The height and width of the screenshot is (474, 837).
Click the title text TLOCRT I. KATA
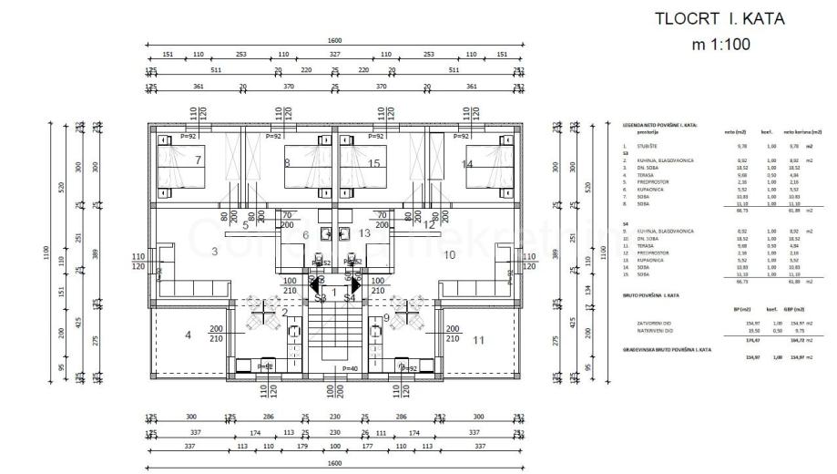pos(720,17)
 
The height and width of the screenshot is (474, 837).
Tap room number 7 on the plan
pos(197,161)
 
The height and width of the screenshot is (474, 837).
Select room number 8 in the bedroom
pos(287,163)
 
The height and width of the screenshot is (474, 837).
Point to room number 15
pos(374,163)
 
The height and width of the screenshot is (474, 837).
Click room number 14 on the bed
pos(467,164)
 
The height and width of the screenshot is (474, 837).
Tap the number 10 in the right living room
pos(449,254)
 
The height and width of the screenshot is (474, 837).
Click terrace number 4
pos(189,335)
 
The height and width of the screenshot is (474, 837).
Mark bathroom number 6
pos(306,234)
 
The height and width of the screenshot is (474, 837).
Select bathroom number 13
pos(364,234)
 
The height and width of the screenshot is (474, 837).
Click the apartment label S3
pos(320,298)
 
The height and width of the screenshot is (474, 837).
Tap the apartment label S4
pos(350,298)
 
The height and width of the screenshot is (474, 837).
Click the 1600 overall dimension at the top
pos(334,41)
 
